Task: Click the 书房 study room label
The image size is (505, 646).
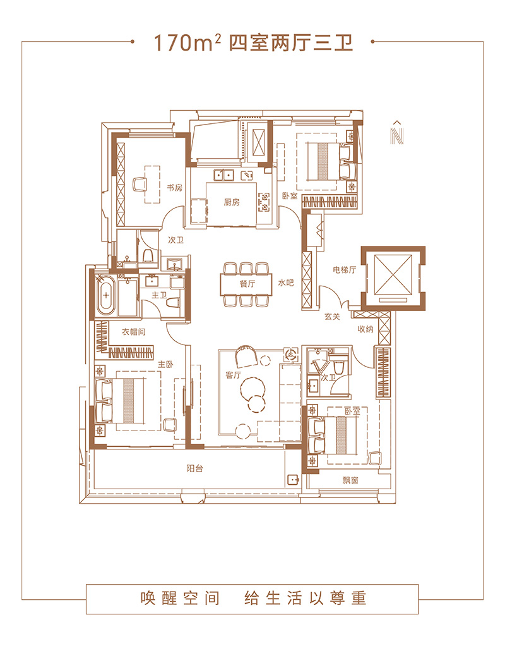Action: click(174, 188)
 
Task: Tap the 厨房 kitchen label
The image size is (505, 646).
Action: click(231, 202)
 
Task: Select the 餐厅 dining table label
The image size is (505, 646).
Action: click(247, 283)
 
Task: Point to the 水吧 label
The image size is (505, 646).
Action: click(285, 283)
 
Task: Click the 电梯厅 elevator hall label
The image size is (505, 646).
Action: click(345, 270)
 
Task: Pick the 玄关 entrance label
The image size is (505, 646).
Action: click(332, 317)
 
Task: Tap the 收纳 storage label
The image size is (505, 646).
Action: click(365, 329)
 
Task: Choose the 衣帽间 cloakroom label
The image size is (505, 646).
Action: click(134, 332)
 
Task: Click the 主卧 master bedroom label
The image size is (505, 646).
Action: click(165, 364)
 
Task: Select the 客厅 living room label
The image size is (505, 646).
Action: click(233, 375)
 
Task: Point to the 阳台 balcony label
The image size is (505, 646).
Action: click(194, 468)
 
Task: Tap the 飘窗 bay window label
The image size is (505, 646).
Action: click(350, 480)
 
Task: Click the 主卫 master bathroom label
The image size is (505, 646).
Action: click(159, 295)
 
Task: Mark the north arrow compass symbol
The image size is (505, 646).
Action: click(397, 133)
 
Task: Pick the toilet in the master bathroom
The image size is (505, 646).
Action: click(173, 302)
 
